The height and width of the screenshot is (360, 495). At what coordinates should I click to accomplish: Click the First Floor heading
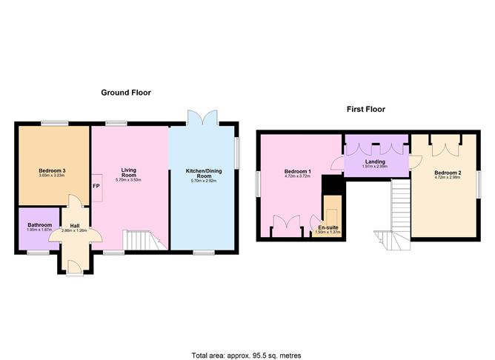[366, 109]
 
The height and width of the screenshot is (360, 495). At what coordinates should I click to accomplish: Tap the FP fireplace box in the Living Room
[96, 187]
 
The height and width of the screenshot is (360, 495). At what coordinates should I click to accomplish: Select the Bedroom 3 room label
[53, 171]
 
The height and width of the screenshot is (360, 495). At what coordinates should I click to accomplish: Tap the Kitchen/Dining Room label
[203, 174]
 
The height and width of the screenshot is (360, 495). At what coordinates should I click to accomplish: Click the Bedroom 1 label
[297, 173]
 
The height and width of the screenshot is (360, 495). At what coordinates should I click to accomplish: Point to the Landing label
[375, 161]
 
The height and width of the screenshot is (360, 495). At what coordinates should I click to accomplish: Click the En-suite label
[328, 227]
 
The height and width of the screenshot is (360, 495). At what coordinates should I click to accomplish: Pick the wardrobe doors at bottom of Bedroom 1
[286, 224]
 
